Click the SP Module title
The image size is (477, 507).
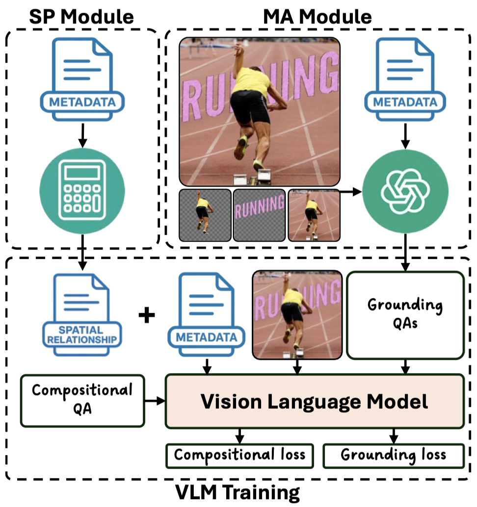tap(82, 17)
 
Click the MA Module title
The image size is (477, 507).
tap(318, 17)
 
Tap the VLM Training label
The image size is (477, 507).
tap(238, 492)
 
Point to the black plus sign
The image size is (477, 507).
tap(146, 315)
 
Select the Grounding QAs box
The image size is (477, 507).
tap(405, 315)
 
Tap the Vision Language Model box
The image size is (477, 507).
tap(315, 402)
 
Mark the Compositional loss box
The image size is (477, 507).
tap(239, 456)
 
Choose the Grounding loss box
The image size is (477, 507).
tap(393, 456)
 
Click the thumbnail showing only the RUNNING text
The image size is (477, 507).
tap(259, 215)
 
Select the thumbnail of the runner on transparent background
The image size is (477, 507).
tap(205, 215)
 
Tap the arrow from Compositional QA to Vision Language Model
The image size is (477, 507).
tap(155, 402)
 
